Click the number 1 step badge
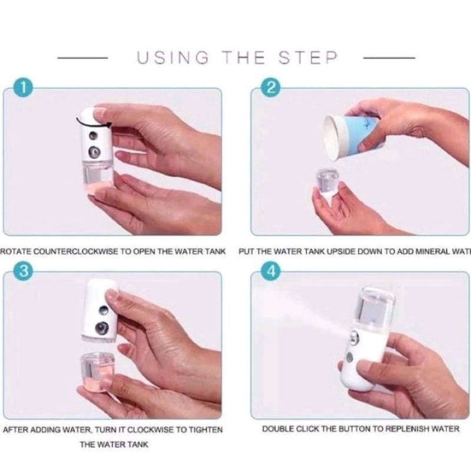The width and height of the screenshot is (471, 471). point(22,88)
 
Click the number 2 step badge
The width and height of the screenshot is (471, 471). point(271,88)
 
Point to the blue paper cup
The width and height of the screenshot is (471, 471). point(353,134)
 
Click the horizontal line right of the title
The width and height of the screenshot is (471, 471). point(390,58)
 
